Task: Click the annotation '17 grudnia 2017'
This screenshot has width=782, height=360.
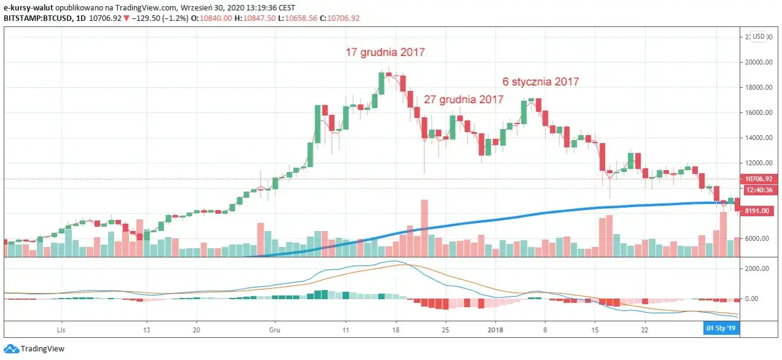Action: (x=385, y=52)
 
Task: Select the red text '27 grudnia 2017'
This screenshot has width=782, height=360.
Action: (x=464, y=99)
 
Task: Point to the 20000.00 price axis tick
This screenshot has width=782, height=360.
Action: (x=758, y=62)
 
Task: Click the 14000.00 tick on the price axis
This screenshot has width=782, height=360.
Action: (x=758, y=138)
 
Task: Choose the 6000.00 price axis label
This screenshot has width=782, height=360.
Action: (x=758, y=238)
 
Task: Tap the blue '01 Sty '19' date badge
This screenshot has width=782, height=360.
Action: (x=720, y=329)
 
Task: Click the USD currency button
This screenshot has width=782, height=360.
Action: (x=759, y=36)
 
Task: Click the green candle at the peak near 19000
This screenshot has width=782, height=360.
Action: (x=381, y=83)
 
